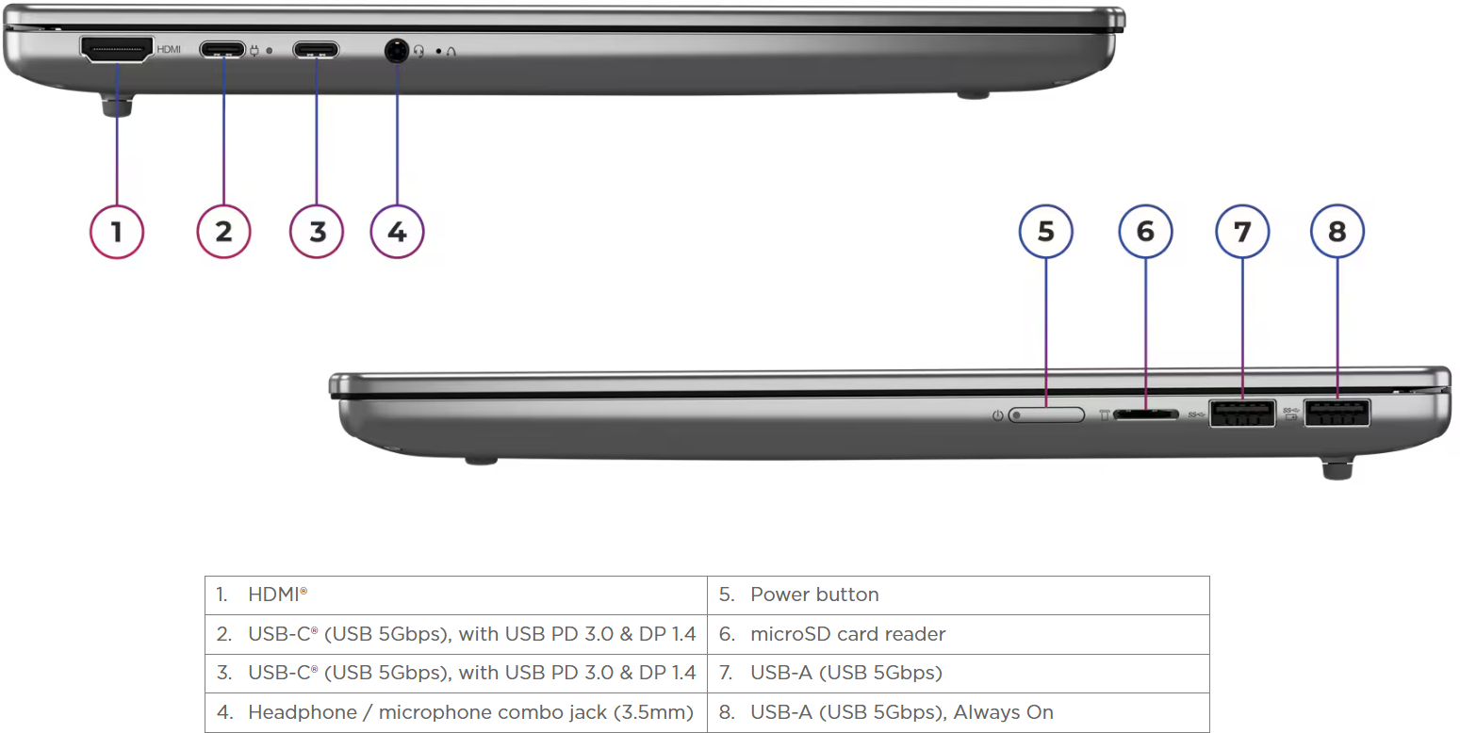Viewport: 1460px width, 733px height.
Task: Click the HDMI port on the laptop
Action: pos(117,50)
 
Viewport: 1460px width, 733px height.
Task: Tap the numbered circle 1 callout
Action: pos(117,232)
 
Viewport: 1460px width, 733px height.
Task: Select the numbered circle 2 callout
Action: pos(223,232)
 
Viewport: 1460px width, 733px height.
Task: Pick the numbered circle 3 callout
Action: pos(317,232)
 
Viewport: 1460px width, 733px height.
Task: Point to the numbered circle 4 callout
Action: pos(397,232)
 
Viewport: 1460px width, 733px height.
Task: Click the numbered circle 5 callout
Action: pos(1046,232)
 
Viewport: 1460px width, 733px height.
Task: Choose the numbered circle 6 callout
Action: pos(1145,232)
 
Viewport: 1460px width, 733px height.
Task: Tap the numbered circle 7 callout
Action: pos(1242,232)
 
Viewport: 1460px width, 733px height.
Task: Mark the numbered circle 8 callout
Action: pos(1337,232)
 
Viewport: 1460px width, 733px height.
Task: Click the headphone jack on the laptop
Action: pos(396,50)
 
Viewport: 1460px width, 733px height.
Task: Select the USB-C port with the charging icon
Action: pos(222,50)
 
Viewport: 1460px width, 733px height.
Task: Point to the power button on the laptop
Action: pos(1046,415)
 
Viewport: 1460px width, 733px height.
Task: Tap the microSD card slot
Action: pos(1146,415)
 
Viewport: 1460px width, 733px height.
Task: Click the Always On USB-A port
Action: pos(1337,413)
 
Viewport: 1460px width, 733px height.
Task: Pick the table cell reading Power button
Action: pos(959,595)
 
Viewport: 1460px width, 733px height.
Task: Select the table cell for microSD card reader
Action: pos(959,634)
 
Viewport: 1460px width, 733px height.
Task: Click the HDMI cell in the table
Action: pos(456,595)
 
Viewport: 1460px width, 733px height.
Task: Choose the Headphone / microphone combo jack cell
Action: pos(456,712)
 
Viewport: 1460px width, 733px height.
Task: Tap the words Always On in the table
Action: pos(1003,712)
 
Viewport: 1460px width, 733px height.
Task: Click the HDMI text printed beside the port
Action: pos(169,50)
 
